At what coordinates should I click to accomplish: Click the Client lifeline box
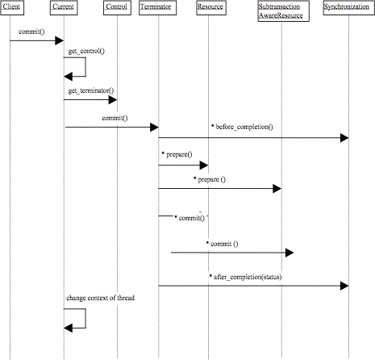[12, 8]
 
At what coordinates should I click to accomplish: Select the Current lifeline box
[64, 8]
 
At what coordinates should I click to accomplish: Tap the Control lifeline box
[117, 8]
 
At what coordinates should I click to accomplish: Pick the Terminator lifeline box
[157, 8]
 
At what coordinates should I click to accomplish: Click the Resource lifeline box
[211, 8]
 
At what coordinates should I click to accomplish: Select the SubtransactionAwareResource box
[283, 11]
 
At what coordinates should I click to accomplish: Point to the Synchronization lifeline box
[348, 8]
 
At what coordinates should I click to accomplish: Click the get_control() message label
[86, 51]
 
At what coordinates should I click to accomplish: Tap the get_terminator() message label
[91, 90]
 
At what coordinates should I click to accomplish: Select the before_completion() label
[242, 127]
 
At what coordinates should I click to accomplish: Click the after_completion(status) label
[245, 277]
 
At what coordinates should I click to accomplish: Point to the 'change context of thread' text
[100, 298]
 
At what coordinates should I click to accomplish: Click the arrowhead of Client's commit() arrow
[60, 40]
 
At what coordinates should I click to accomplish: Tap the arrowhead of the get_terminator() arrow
[113, 100]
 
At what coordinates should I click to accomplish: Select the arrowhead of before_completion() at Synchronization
[344, 138]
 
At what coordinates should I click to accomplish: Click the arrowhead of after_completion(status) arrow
[344, 286]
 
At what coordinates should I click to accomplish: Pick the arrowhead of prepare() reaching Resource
[204, 165]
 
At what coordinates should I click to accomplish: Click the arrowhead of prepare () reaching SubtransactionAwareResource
[277, 189]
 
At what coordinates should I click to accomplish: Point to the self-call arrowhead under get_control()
[68, 77]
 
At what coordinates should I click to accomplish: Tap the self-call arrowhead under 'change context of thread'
[68, 328]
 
